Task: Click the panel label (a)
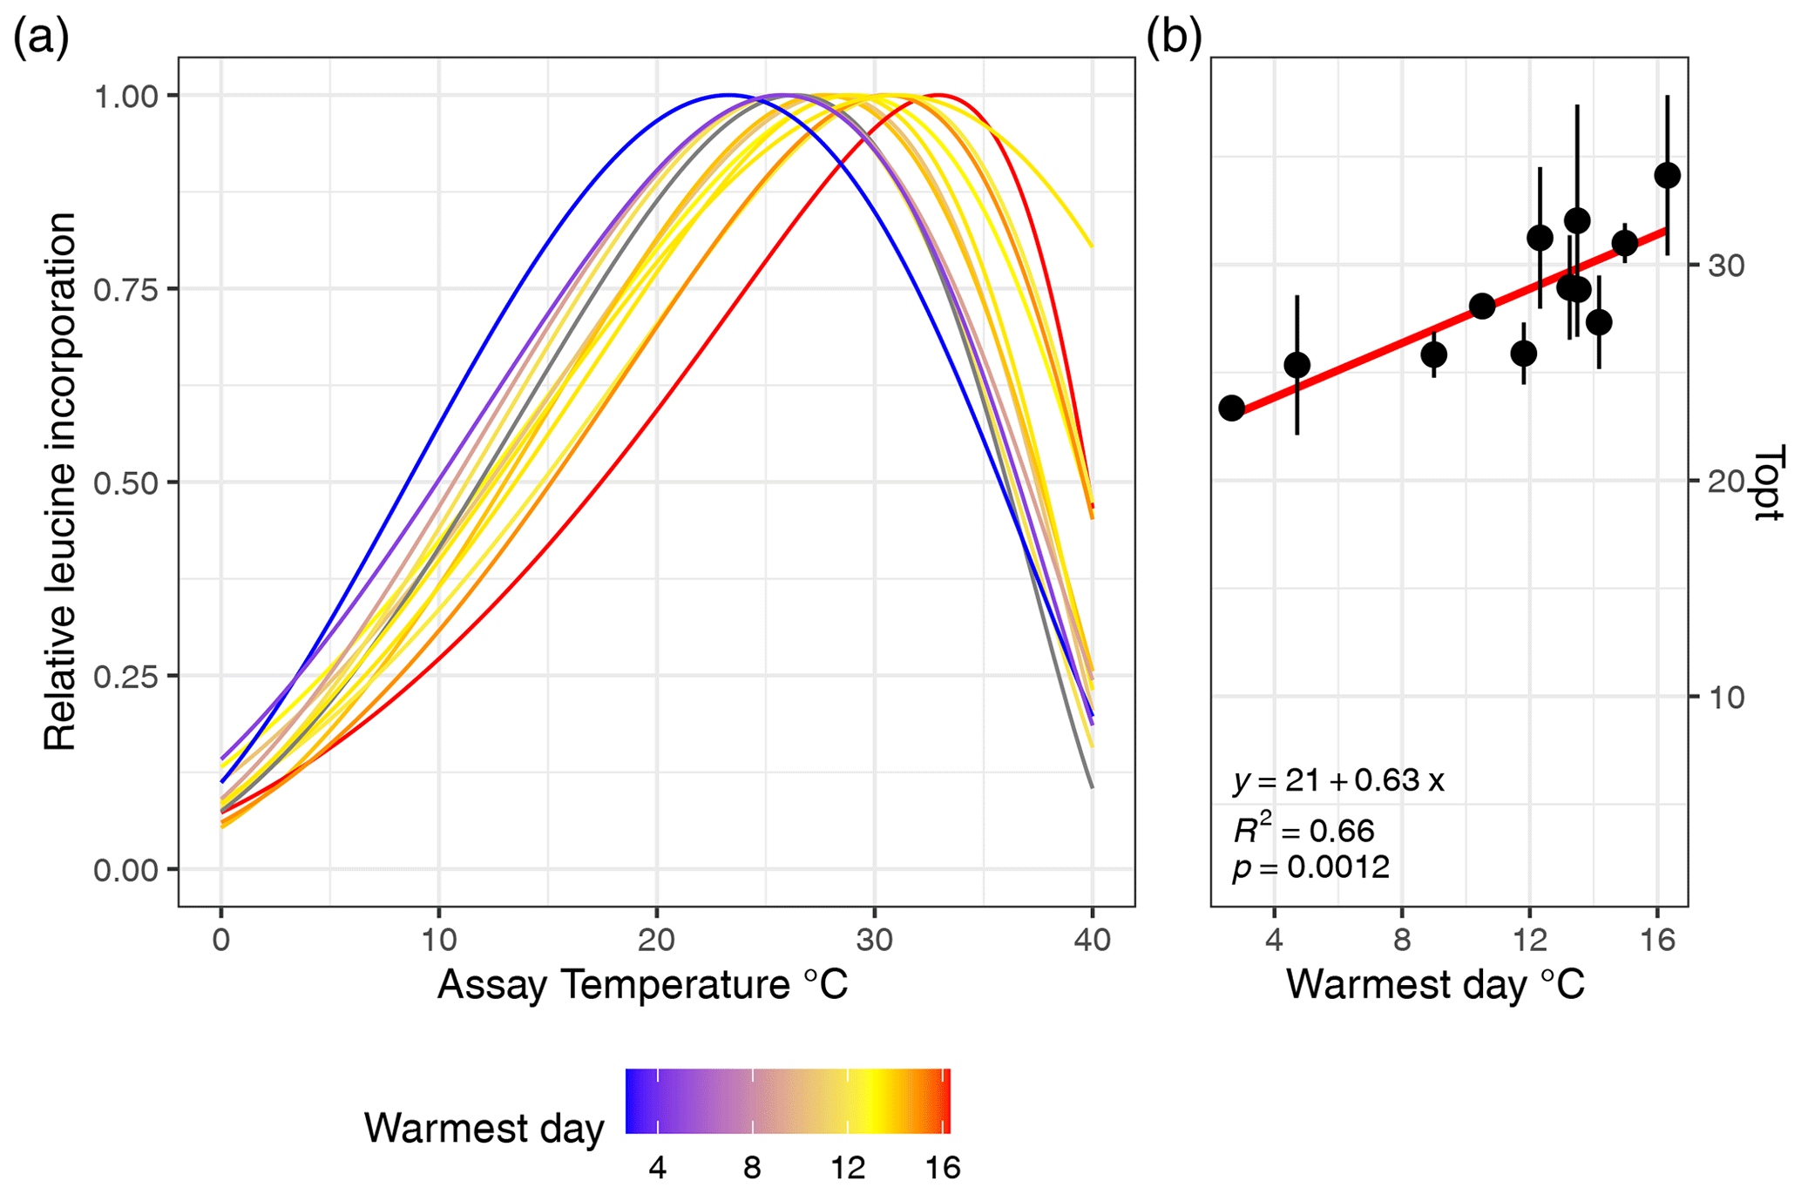41,39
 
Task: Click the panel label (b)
1174,39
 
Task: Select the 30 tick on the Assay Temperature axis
874,940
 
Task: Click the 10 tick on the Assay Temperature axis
438,940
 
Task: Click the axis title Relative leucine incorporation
61,482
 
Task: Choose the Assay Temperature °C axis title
642,985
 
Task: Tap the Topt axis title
1769,483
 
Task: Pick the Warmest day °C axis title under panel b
1435,985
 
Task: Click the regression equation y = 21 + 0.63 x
1338,780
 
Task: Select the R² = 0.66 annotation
1303,830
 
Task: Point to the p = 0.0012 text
1310,867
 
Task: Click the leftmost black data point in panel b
1231,408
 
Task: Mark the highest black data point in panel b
1667,175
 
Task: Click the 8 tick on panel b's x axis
1402,940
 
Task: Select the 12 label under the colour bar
848,1168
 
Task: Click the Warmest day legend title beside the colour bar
484,1129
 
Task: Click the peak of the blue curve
728,94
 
